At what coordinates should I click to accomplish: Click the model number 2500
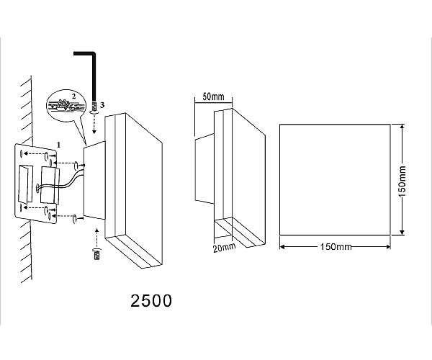tap(151, 301)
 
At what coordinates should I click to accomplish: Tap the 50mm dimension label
tap(213, 96)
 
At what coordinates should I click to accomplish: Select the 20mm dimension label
tap(224, 248)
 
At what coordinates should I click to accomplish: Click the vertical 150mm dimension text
tap(402, 181)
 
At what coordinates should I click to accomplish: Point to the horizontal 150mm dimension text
tap(336, 246)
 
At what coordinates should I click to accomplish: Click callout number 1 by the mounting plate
tap(58, 145)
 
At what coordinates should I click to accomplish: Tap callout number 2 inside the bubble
tap(73, 96)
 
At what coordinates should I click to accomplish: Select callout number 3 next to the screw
tap(102, 105)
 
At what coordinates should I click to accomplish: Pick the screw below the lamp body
tap(96, 254)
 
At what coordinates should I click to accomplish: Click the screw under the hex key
tap(94, 108)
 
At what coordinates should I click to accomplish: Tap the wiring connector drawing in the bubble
tap(64, 106)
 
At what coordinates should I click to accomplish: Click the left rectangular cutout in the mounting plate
tap(24, 184)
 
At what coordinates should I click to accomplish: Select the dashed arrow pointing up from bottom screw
tap(96, 238)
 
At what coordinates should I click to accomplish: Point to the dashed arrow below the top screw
tap(94, 124)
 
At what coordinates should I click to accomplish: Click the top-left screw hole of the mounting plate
tap(21, 153)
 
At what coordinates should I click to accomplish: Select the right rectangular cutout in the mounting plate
tap(50, 186)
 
